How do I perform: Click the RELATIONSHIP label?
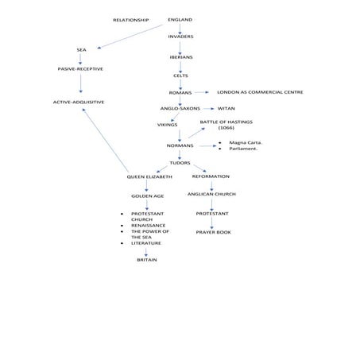pos(131,20)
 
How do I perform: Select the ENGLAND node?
pos(180,20)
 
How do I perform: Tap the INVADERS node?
pos(180,37)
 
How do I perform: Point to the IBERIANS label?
pos(181,57)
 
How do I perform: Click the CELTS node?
pos(180,75)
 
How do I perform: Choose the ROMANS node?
pos(180,93)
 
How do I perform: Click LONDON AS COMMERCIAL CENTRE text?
pos(260,92)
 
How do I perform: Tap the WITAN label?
pos(226,109)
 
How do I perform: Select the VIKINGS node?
pos(168,125)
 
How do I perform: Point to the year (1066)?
pos(226,128)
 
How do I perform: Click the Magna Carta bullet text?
pos(246,143)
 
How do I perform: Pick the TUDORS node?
pos(180,163)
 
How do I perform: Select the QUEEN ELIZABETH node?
pos(149,177)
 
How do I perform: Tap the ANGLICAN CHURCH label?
pos(211,194)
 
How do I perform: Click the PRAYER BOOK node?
pos(214,232)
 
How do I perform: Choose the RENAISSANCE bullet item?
pos(149,226)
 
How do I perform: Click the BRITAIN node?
pos(147,260)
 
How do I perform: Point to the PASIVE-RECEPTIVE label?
pos(80,69)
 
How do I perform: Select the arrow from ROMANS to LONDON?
pos(202,92)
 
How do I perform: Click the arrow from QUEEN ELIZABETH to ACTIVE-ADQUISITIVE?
pos(106,141)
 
